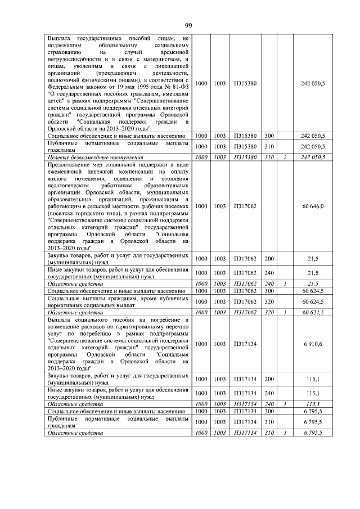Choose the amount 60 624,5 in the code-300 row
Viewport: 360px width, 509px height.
313,291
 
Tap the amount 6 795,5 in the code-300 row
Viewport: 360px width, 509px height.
313,412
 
